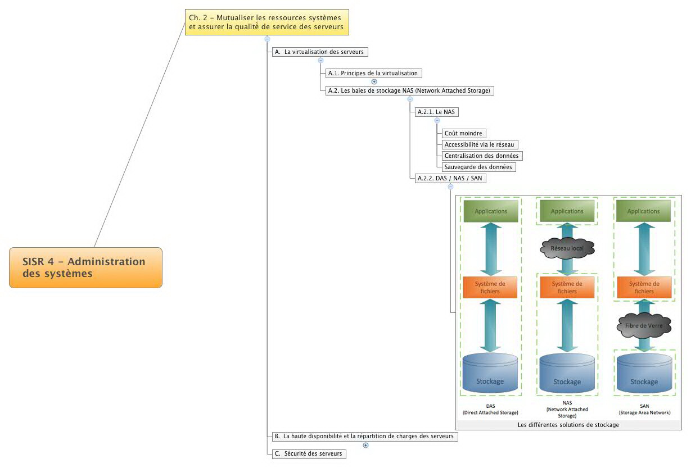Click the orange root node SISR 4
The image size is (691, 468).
click(x=85, y=267)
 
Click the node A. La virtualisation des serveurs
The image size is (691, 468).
click(x=320, y=52)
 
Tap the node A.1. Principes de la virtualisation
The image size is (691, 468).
click(x=373, y=73)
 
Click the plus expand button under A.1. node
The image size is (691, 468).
click(x=374, y=81)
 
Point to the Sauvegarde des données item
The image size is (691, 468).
click(x=478, y=167)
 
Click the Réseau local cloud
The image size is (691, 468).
click(x=567, y=248)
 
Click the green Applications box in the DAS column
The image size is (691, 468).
click(x=491, y=211)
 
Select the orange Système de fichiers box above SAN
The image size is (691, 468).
click(x=644, y=287)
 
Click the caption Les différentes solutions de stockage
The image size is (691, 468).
click(x=568, y=425)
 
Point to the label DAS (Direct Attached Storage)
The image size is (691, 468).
click(x=490, y=409)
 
